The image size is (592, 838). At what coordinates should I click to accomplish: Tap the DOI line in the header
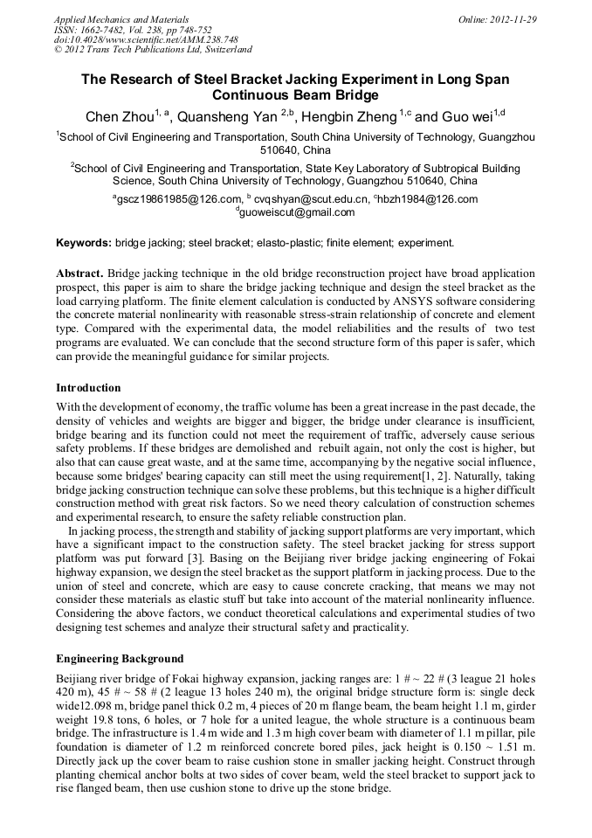121,40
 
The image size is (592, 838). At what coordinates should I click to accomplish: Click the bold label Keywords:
84,242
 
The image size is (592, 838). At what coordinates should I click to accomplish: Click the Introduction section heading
88,387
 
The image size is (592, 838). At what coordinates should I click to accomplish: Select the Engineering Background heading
120,658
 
